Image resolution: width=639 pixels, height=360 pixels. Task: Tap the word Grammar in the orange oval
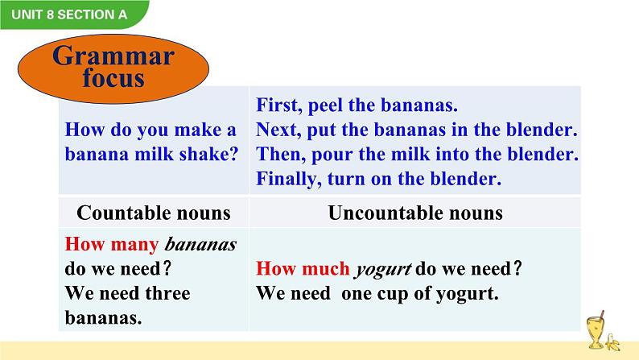click(113, 56)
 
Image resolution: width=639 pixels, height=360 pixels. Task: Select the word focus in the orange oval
click(113, 79)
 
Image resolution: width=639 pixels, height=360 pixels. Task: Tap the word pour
click(327, 155)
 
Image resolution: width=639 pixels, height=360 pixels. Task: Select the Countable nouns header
click(153, 213)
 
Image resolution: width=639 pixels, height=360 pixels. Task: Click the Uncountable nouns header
click(415, 213)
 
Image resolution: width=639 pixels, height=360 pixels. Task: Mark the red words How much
click(302, 270)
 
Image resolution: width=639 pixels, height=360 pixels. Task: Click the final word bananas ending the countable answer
click(103, 318)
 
